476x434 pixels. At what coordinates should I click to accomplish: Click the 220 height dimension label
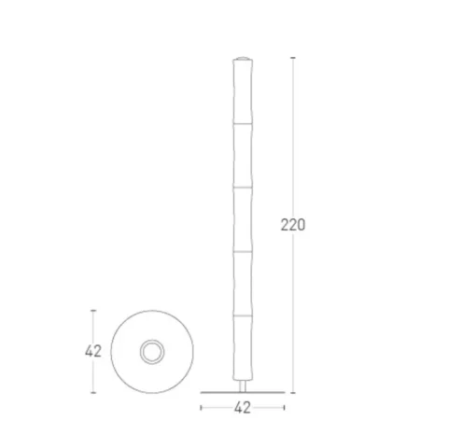(293, 225)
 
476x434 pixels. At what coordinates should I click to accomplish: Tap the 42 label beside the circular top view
(93, 351)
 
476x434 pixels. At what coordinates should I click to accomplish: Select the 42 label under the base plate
(243, 408)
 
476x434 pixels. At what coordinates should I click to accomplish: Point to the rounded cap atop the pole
(243, 58)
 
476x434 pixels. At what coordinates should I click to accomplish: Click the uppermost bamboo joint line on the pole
(243, 123)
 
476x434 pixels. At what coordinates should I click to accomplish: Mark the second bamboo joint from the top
(243, 188)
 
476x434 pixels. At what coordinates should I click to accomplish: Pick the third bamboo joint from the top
(243, 251)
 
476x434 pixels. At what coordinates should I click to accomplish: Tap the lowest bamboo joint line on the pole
(243, 315)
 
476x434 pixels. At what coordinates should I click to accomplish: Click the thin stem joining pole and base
(243, 386)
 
